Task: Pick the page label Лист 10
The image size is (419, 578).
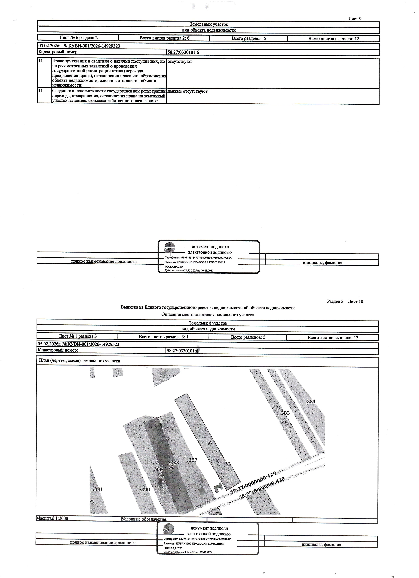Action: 355,302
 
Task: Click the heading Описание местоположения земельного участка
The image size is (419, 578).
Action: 208,315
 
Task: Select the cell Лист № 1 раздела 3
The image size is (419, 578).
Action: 78,336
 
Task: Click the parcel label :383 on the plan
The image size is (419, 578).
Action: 285,413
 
